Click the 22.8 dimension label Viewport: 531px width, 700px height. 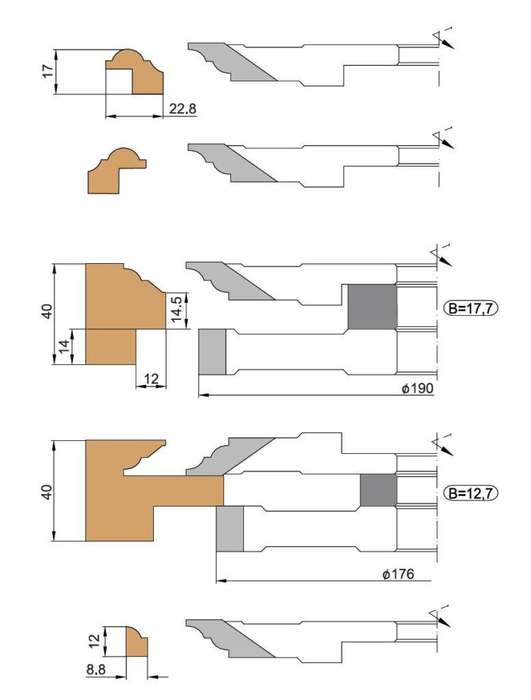pyautogui.click(x=182, y=109)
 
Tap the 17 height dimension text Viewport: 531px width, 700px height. pyautogui.click(x=49, y=70)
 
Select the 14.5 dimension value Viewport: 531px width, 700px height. pyautogui.click(x=178, y=308)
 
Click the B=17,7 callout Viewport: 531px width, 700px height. pyautogui.click(x=471, y=308)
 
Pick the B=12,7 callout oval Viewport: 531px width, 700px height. pyautogui.click(x=471, y=494)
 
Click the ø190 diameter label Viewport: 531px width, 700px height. pyautogui.click(x=417, y=388)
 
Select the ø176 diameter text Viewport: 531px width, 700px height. pyautogui.click(x=398, y=574)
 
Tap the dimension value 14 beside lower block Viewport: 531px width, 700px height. pyautogui.click(x=66, y=347)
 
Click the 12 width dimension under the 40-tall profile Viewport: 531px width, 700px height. pyautogui.click(x=152, y=379)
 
